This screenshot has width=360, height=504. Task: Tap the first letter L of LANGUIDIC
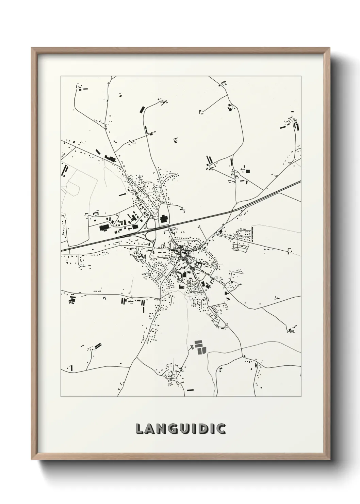(x=140, y=428)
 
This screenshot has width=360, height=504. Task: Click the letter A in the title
(x=150, y=428)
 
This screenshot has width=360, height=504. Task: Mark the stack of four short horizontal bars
(x=176, y=140)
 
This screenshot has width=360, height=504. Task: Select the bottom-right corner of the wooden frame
(x=329, y=458)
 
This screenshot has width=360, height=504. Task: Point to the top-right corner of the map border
(x=301, y=76)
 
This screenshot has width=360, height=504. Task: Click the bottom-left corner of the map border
(x=61, y=396)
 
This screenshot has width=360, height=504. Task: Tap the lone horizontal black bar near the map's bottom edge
(x=190, y=389)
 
